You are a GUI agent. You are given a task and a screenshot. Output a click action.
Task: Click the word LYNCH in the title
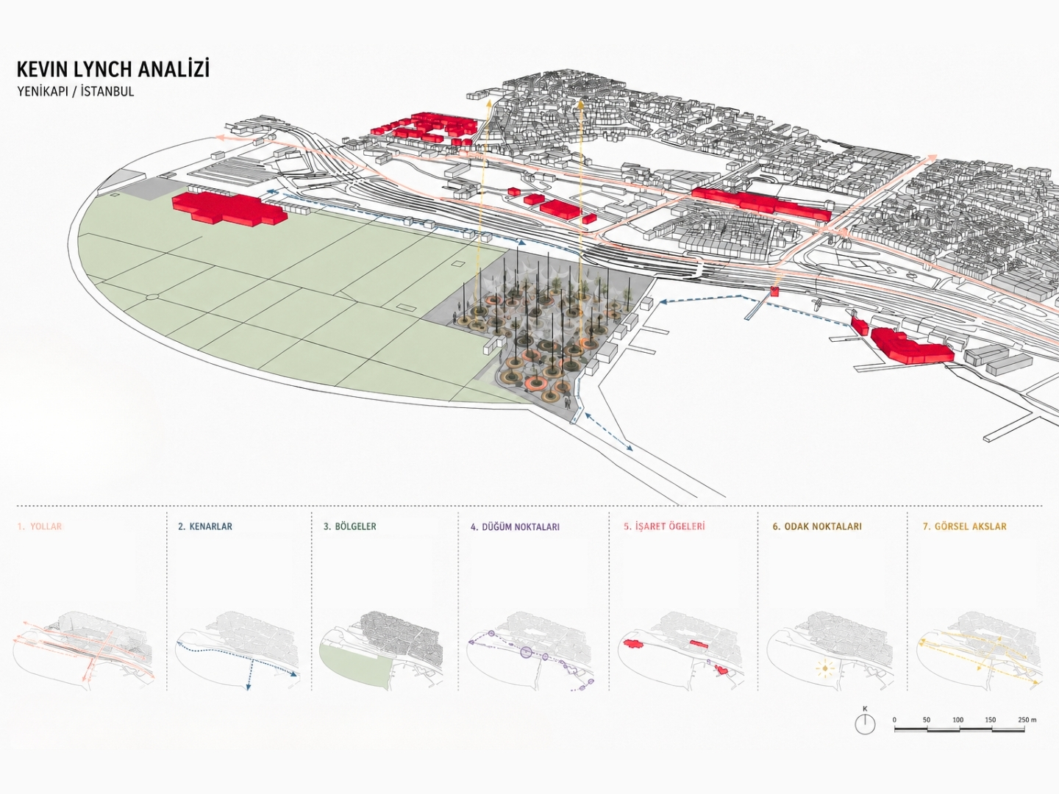(96, 69)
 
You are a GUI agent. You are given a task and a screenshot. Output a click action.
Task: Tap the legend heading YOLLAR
(46, 526)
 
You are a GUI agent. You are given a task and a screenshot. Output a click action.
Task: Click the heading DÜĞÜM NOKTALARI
(515, 527)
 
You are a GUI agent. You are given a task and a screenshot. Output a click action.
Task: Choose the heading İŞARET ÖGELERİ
(663, 526)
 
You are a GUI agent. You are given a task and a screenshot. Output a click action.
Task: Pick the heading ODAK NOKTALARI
(817, 526)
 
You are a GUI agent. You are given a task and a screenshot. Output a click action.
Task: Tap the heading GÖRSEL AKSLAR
(965, 526)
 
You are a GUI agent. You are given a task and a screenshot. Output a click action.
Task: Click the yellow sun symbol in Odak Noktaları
(825, 668)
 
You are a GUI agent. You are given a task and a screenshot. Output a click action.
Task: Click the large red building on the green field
(230, 207)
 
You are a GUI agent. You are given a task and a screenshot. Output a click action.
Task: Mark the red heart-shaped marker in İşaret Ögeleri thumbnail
(722, 670)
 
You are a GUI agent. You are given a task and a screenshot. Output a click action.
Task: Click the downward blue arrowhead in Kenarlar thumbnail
(248, 687)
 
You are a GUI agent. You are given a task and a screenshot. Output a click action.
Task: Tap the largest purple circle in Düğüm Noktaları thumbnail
(527, 652)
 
